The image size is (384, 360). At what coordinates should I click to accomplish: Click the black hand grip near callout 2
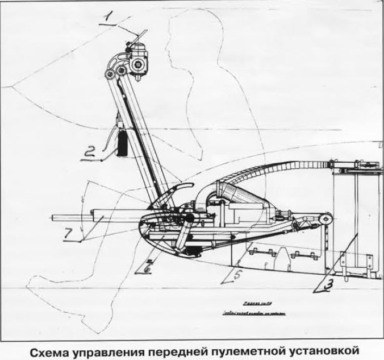pyautogui.click(x=120, y=142)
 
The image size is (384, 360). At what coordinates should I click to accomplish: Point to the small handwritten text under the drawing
pyautogui.click(x=245, y=308)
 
